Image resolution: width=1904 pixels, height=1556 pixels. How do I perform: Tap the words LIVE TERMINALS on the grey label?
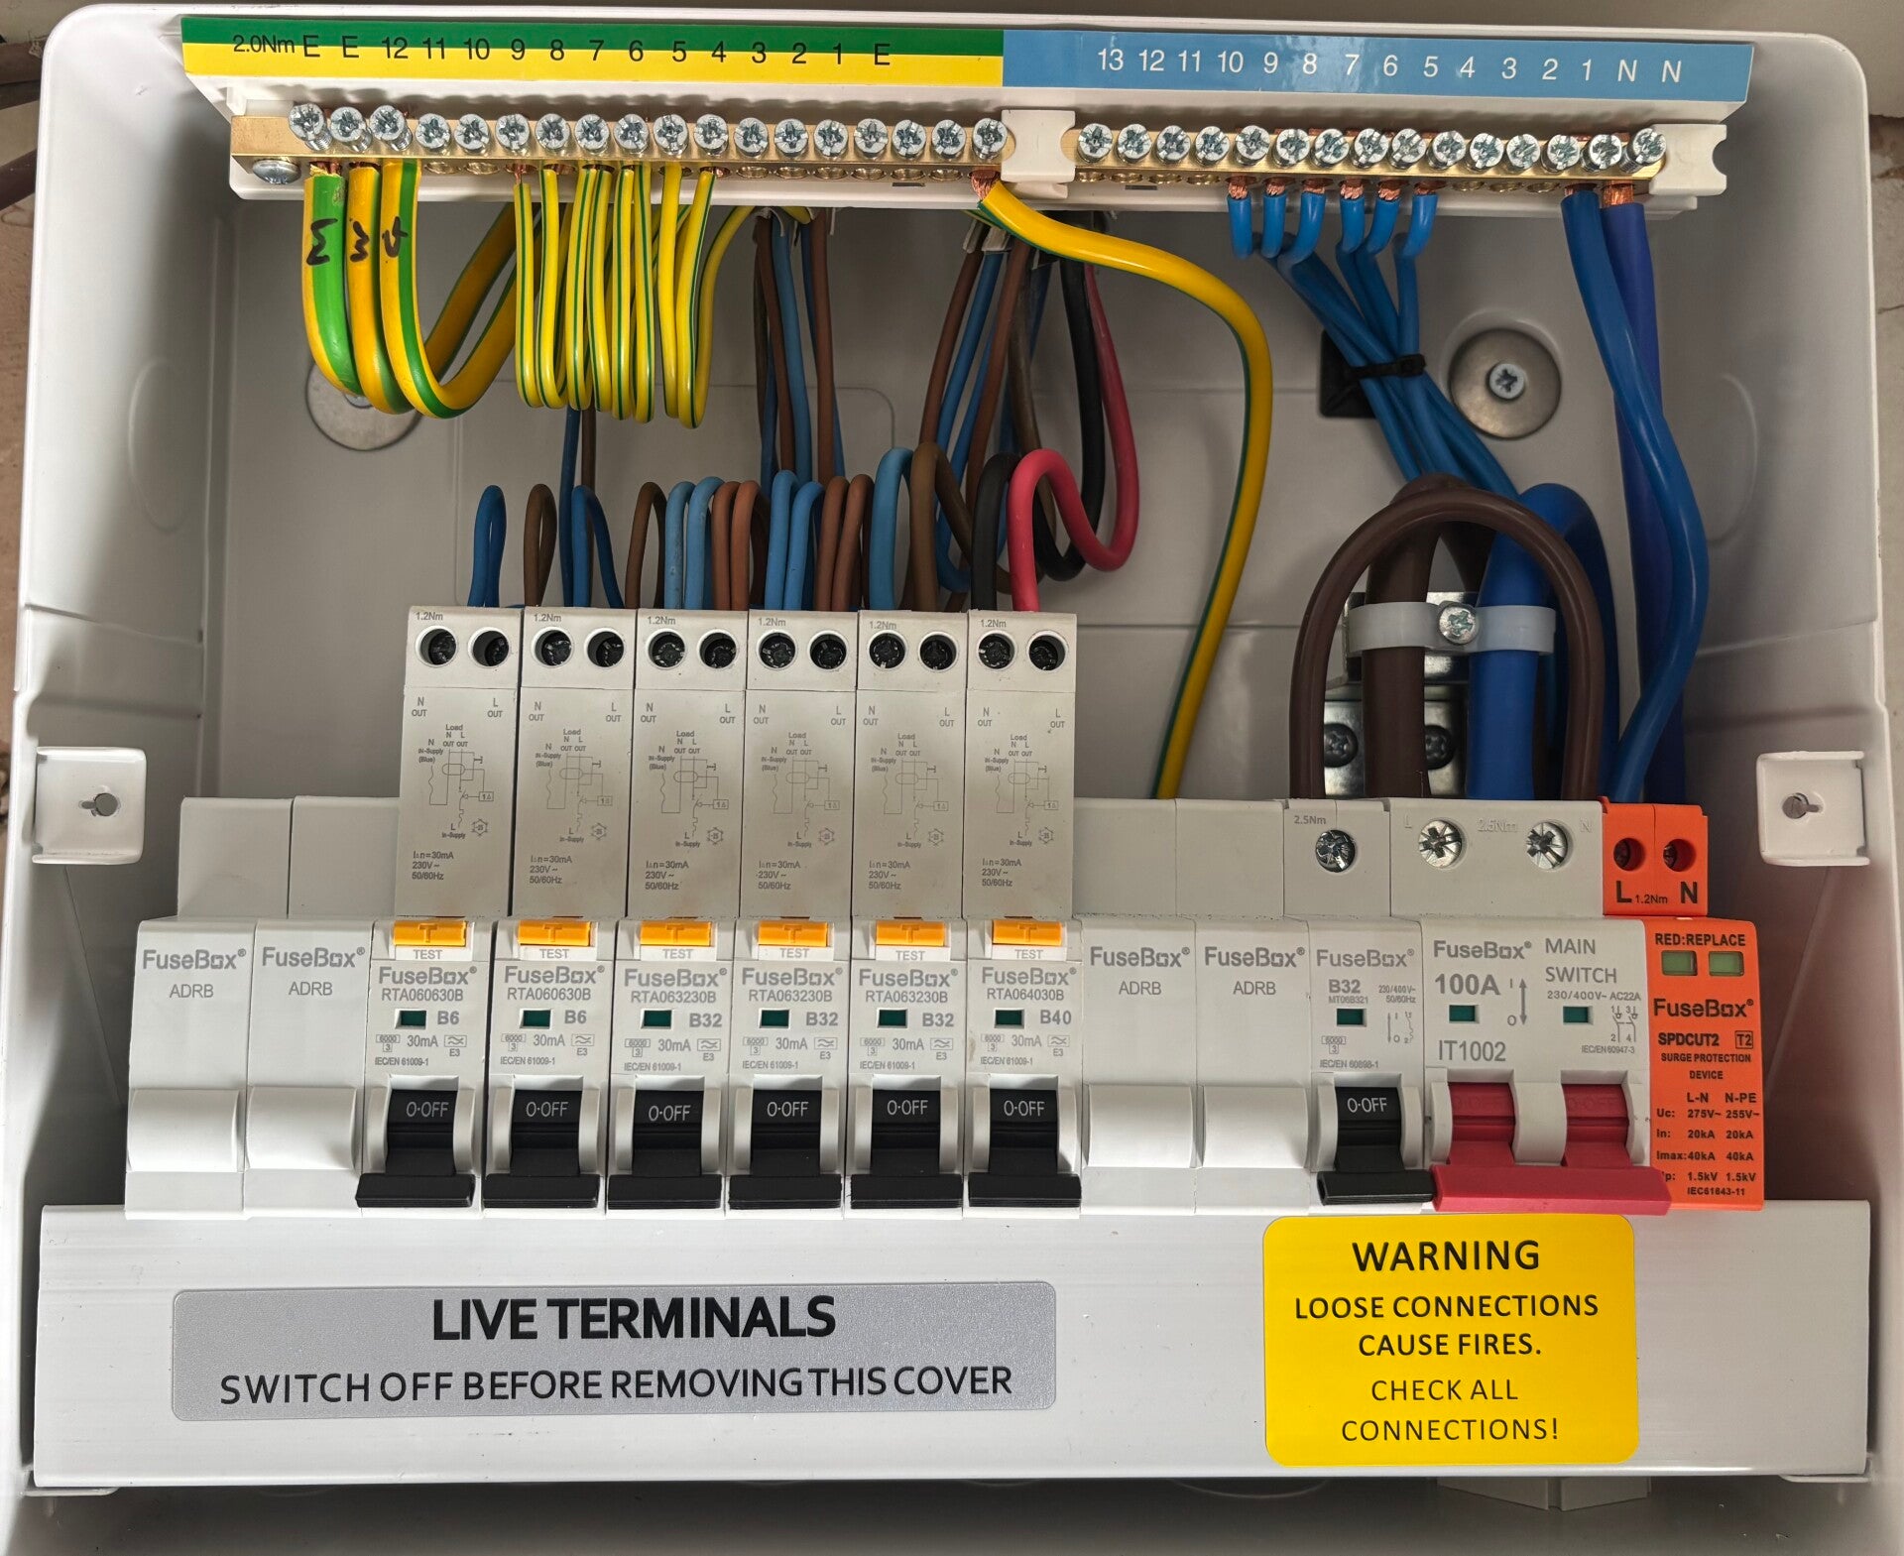pos(634,1320)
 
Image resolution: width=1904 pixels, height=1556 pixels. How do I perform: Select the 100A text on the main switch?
pos(1467,985)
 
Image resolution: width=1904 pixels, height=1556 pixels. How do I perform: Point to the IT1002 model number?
pos(1472,1051)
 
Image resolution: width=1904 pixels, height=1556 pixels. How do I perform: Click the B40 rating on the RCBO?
pos(1055,1017)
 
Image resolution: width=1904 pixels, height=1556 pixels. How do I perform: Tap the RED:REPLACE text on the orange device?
pos(1700,939)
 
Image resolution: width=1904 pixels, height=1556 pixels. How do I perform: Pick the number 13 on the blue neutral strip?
pos(1110,60)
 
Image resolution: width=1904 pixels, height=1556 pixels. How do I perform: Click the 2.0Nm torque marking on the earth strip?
pos(263,44)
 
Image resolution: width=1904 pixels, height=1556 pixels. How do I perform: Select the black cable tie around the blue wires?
pos(1388,367)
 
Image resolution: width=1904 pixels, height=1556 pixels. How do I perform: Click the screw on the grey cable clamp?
pos(1458,623)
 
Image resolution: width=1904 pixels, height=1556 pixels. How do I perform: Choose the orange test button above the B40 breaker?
pos(1027,933)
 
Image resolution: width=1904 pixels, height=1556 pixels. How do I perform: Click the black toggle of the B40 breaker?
pos(1023,1140)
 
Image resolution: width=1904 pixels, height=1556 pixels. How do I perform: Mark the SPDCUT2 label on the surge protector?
pos(1690,1039)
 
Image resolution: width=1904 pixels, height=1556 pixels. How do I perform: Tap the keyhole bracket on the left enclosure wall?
pos(99,803)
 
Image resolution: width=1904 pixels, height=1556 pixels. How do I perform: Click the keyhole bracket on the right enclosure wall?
pos(1803,804)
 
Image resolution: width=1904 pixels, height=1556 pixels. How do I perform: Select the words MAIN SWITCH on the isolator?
pos(1581,960)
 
